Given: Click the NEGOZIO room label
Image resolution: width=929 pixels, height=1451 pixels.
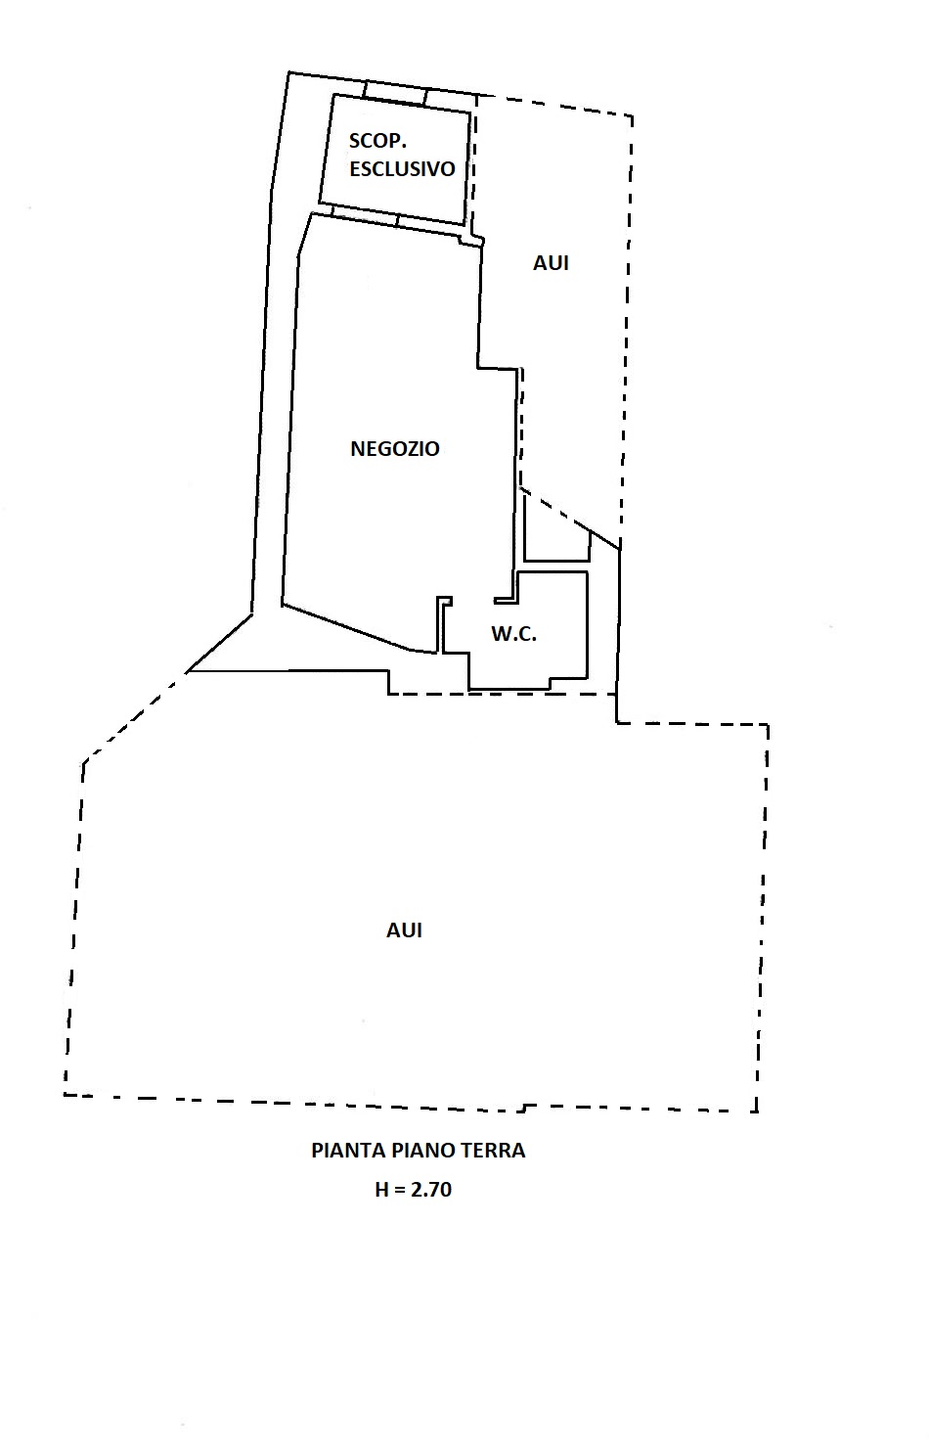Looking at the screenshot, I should click(395, 449).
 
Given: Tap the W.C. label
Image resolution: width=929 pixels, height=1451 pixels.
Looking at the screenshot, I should click(514, 634).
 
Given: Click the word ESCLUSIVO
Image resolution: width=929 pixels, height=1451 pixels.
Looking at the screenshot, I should click(402, 168).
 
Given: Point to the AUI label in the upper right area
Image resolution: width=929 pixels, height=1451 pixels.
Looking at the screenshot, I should click(551, 263).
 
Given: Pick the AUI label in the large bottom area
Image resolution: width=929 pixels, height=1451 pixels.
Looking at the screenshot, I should click(404, 930).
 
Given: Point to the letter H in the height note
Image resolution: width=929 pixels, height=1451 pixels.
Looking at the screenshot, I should click(381, 1191).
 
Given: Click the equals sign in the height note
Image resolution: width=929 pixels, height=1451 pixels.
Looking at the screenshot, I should click(399, 1191).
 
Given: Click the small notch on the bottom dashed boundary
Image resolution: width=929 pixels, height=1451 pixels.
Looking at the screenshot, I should click(523, 1108).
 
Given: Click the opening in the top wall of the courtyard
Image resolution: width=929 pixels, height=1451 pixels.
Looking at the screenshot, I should click(395, 92).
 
